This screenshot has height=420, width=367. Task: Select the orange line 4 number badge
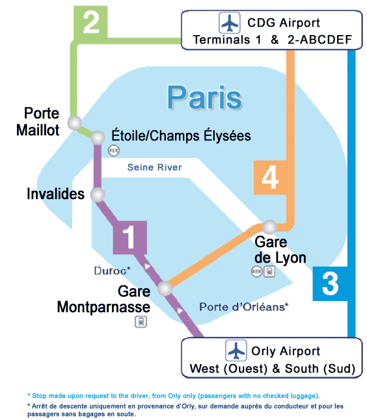pyautogui.click(x=270, y=177)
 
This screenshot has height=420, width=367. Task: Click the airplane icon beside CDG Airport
pyautogui.click(x=230, y=23)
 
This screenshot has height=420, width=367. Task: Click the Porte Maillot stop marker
pyautogui.click(x=75, y=122)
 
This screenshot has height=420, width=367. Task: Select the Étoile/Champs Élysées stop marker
pyautogui.click(x=98, y=137)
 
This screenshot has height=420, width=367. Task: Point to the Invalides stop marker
pyautogui.click(x=98, y=194)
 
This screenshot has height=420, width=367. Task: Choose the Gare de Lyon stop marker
pyautogui.click(x=270, y=226)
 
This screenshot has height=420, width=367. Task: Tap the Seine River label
pyautogui.click(x=154, y=168)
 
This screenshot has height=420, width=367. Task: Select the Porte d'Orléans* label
pyautogui.click(x=243, y=307)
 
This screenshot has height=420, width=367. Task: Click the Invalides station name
pyautogui.click(x=56, y=194)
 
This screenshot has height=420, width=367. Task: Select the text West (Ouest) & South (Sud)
pyautogui.click(x=272, y=369)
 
